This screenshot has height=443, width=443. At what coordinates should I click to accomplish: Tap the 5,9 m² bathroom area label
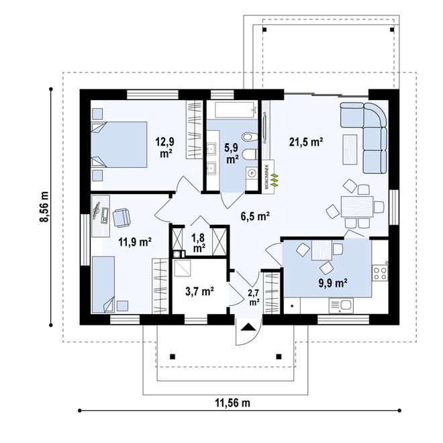232,154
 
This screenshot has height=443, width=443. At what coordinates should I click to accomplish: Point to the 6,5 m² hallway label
255,215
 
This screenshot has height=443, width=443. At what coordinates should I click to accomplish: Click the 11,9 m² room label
135,242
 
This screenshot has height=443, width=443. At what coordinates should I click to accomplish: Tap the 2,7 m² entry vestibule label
254,297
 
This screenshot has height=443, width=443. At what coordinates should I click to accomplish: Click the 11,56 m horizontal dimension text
232,403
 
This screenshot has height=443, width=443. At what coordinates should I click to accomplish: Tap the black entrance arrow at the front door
248,328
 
